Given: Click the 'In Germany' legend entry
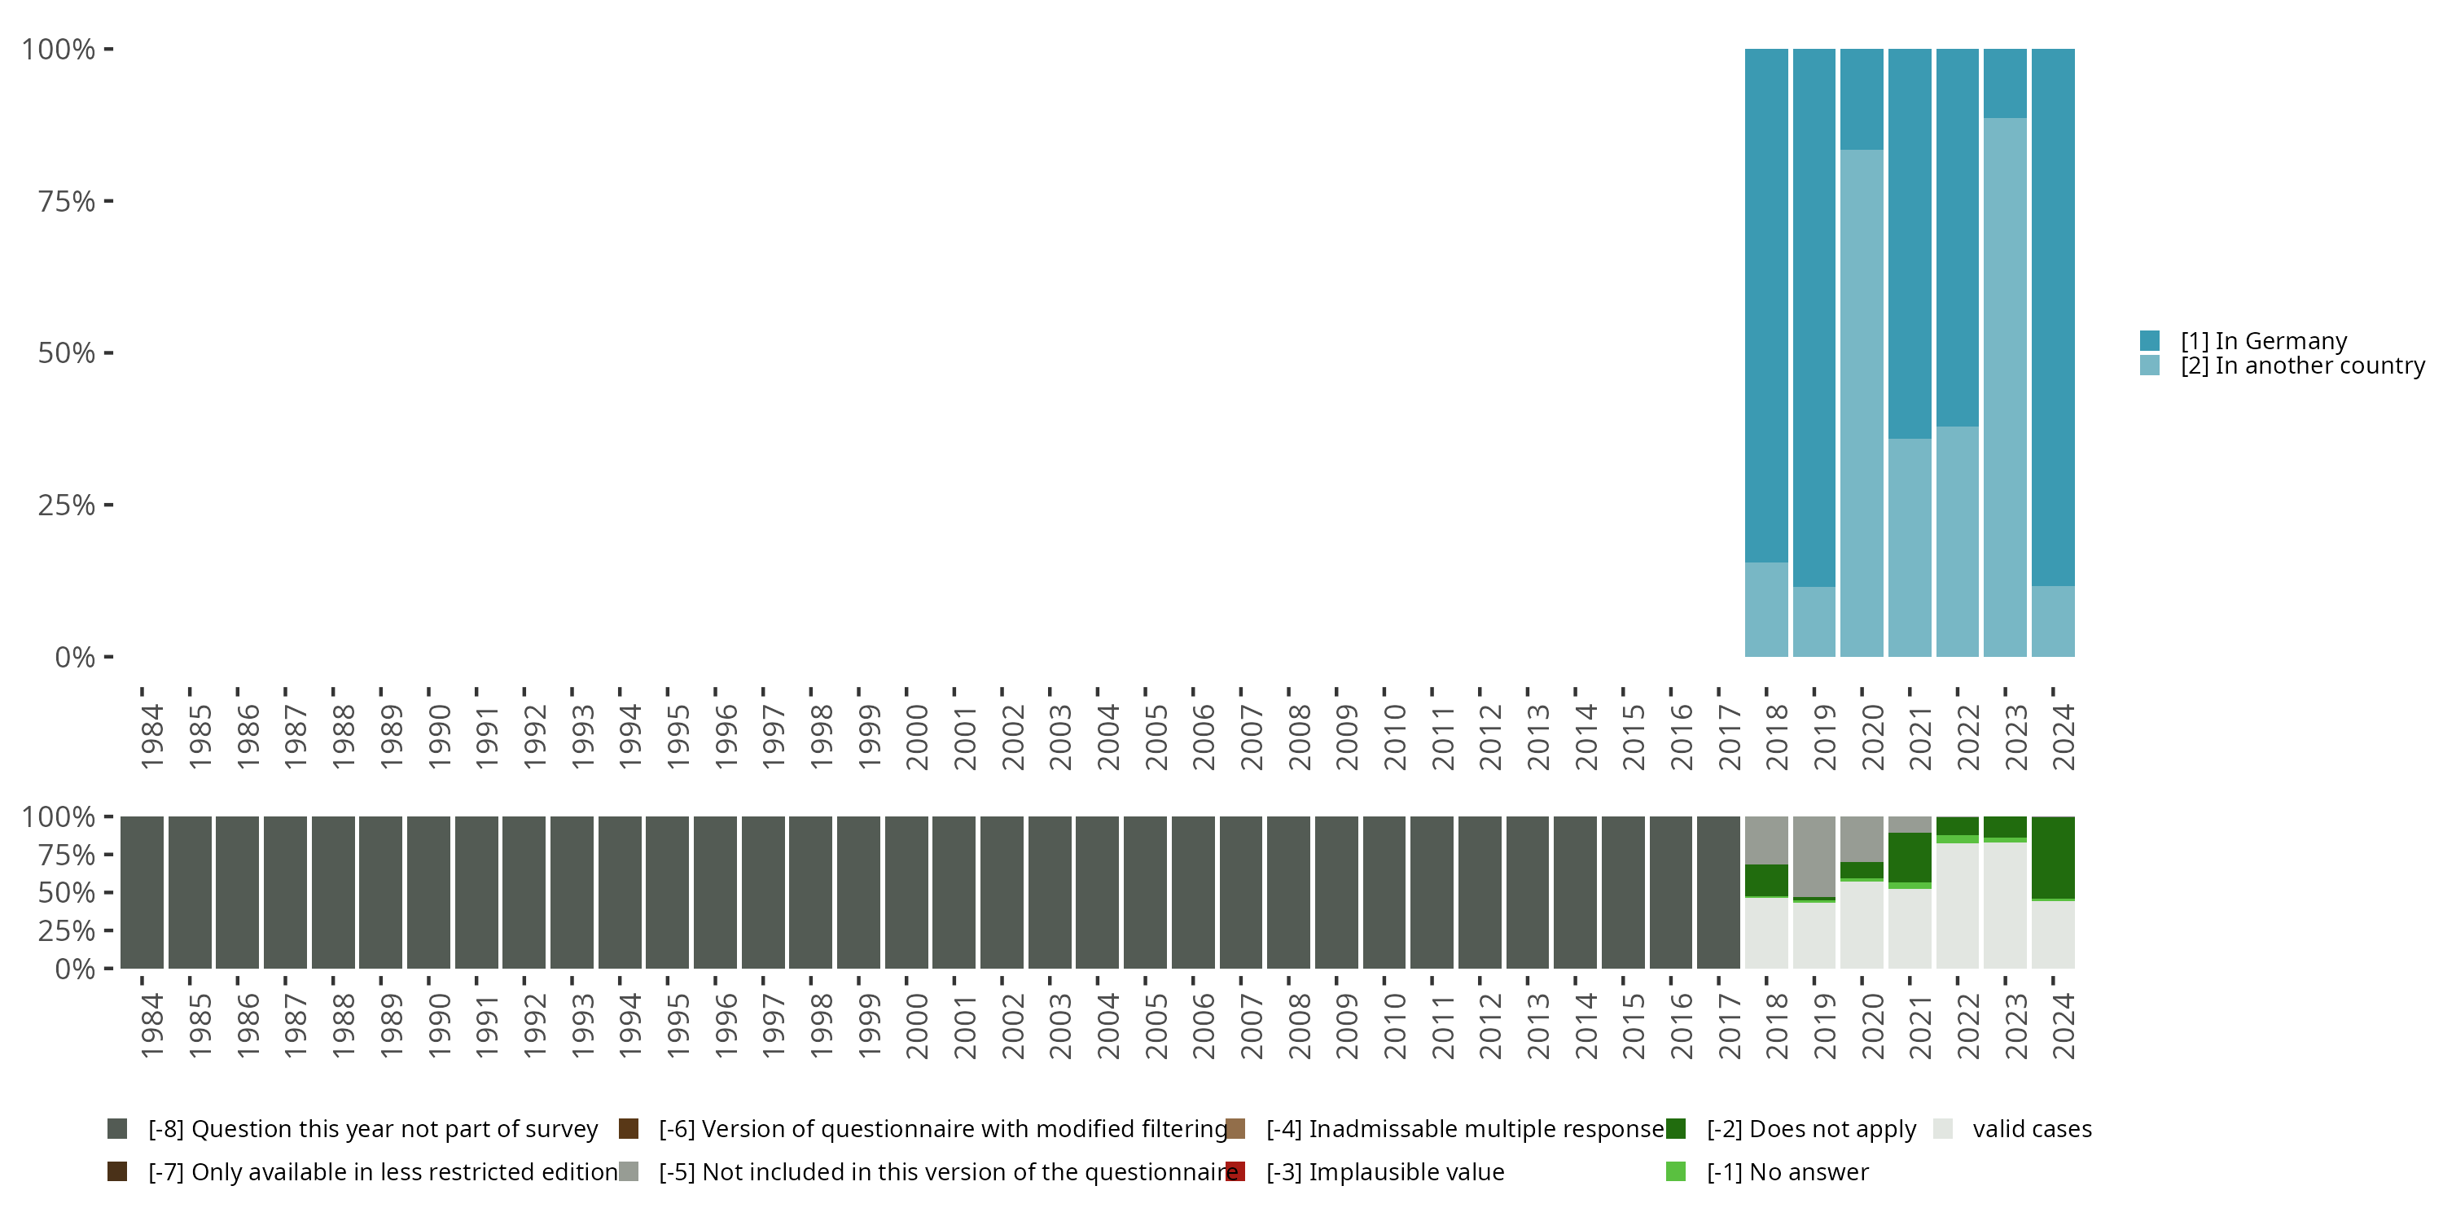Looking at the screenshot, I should click(2263, 341).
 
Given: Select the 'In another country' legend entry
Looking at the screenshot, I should click(2300, 366).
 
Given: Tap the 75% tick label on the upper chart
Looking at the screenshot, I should click(67, 201).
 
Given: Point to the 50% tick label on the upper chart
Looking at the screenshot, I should click(67, 352).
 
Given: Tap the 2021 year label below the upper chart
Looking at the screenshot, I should click(1919, 737).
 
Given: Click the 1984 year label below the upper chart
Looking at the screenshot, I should click(151, 737).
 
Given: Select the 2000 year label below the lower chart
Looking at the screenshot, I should click(916, 1026).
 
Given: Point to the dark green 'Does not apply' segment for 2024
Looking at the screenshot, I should click(2052, 857).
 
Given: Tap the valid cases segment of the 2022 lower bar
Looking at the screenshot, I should click(1957, 905).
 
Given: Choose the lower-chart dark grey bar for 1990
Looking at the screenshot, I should click(428, 892).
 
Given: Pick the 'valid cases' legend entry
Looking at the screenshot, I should click(2030, 1129).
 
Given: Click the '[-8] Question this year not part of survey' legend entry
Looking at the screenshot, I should click(372, 1129).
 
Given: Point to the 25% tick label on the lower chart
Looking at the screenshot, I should click(67, 931).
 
